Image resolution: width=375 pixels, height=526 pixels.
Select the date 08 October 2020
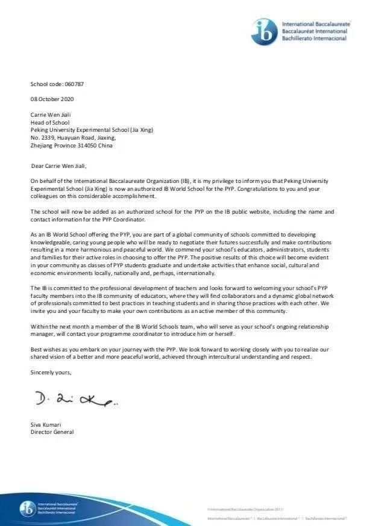click(x=52, y=99)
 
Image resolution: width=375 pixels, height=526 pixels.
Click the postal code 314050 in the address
click(x=86, y=145)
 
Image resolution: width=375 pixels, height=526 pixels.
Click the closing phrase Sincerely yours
click(x=51, y=373)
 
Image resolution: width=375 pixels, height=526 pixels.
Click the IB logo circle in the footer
click(x=27, y=508)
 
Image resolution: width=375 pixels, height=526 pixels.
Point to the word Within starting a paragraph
click(x=40, y=326)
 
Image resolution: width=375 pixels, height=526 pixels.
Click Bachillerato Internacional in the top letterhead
click(x=315, y=38)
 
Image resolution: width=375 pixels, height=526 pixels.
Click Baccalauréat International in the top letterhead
click(x=315, y=31)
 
